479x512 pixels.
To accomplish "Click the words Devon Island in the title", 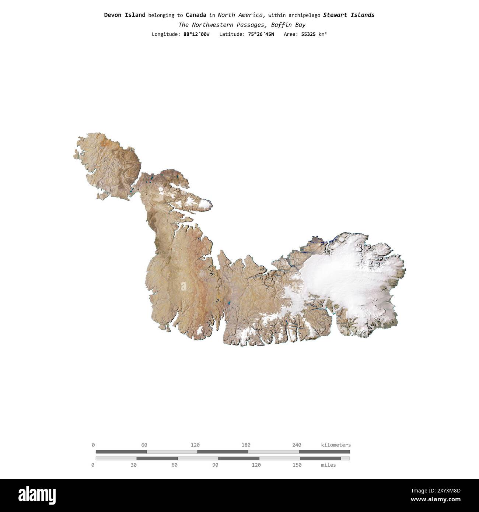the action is (125, 15).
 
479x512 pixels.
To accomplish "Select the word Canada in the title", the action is (196, 15).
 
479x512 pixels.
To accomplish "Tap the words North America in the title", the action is (241, 15).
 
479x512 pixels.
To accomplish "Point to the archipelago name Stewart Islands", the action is (349, 15).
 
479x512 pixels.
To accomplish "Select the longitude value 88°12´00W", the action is (196, 34).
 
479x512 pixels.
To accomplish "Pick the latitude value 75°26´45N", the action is (261, 34).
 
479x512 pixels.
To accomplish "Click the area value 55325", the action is (309, 34).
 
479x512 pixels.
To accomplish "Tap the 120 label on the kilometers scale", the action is (195, 445).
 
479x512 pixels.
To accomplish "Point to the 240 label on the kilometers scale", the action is (297, 445).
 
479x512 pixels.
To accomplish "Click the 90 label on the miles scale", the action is (215, 465).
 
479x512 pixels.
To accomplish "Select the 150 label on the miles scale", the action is (297, 465).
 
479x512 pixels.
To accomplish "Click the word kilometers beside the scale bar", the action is (336, 445).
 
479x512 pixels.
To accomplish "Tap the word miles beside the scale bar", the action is (328, 465).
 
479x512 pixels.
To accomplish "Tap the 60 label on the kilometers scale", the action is (144, 445).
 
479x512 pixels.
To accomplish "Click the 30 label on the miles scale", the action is (133, 465).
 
